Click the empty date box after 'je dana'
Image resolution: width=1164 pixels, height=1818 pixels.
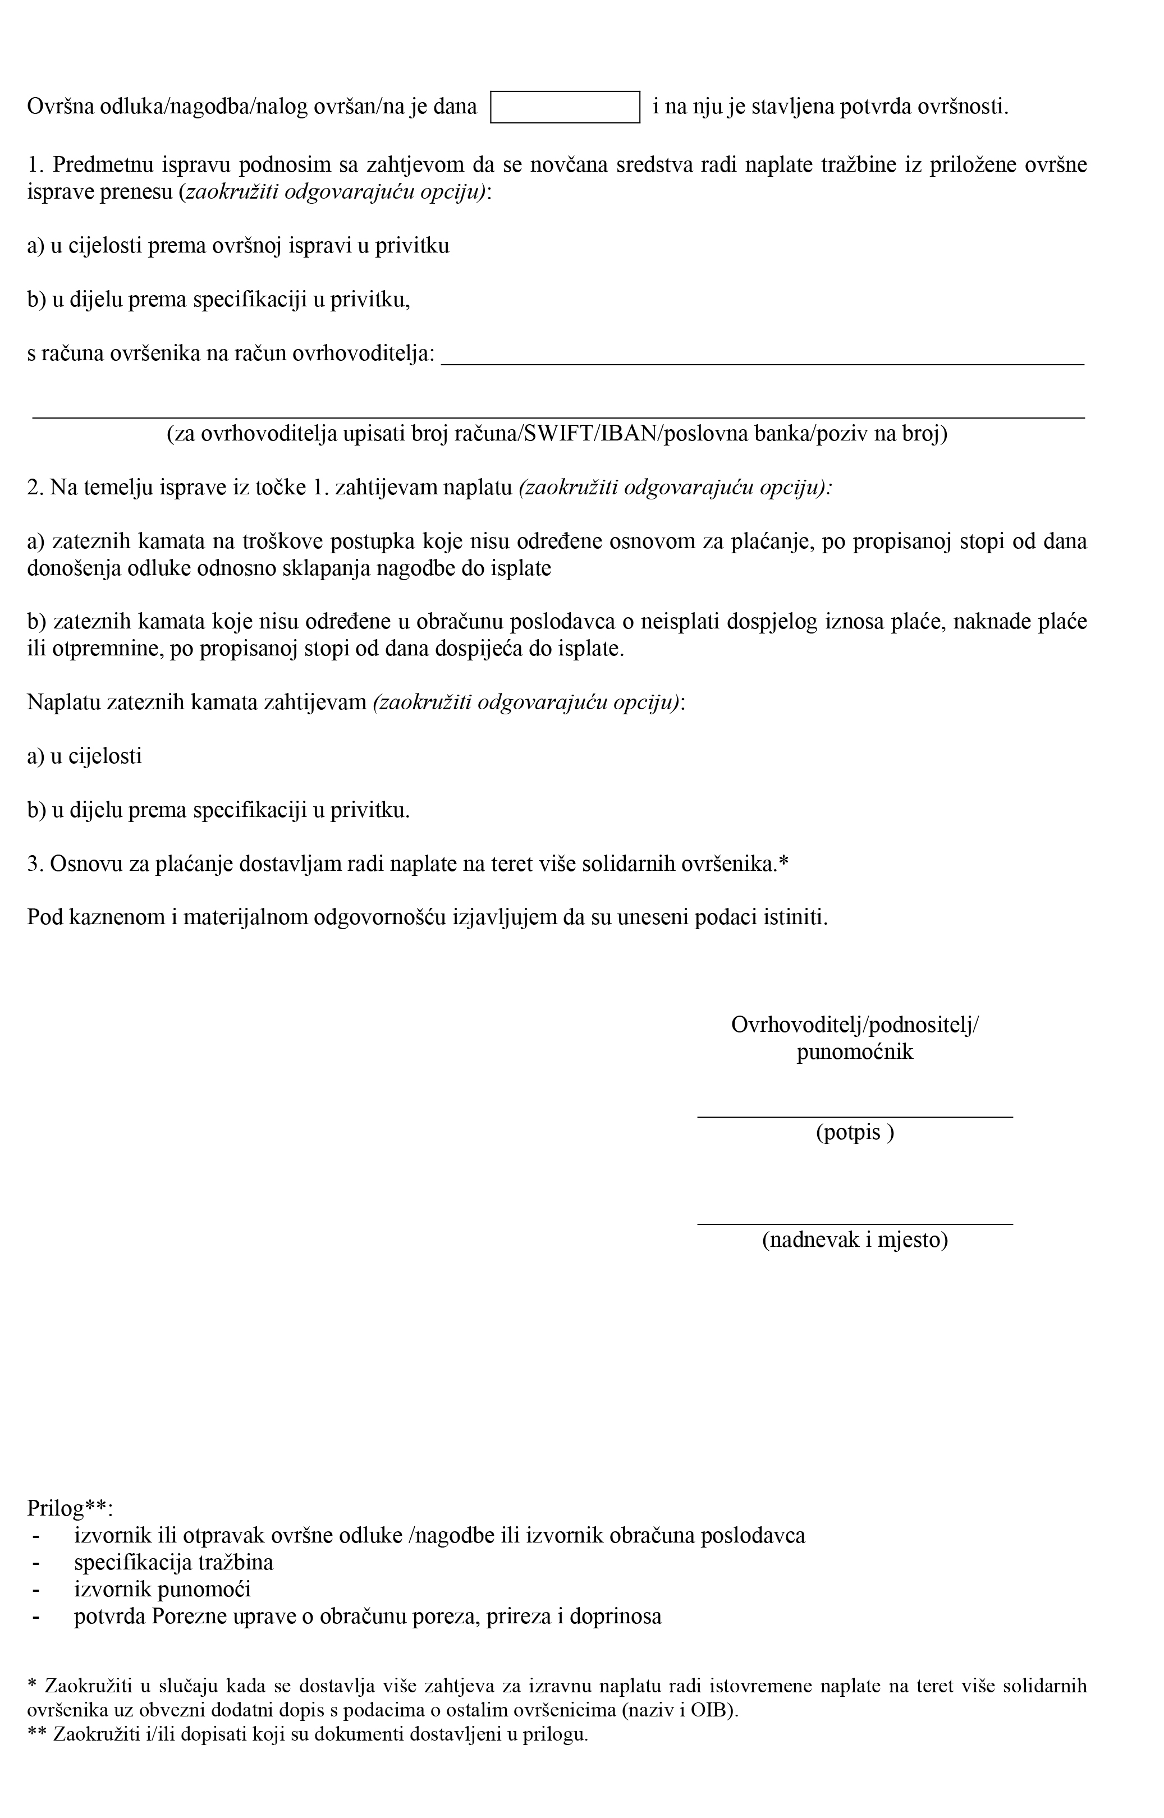[x=565, y=107]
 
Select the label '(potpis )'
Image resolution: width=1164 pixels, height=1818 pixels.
[x=854, y=1133]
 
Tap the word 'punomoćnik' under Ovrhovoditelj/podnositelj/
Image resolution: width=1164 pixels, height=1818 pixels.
[x=854, y=1052]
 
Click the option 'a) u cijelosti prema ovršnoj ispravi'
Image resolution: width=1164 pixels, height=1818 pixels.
[x=238, y=246]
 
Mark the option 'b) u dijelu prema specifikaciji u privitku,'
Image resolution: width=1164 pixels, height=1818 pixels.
[x=218, y=300]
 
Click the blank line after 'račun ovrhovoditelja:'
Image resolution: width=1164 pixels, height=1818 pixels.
[x=762, y=355]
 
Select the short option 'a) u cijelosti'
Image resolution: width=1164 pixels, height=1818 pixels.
[x=85, y=756]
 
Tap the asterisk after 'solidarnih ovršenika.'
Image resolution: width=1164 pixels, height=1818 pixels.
[x=783, y=863]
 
